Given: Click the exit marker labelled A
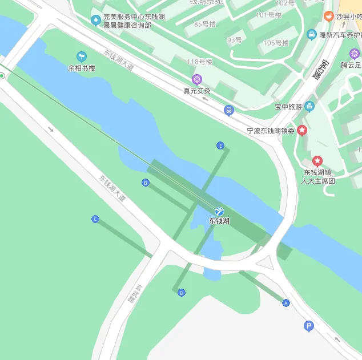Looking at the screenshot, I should (x=286, y=303).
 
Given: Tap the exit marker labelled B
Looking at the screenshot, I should (x=145, y=183).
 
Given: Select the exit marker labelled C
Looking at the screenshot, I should (x=95, y=219).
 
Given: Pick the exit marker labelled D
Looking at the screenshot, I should (x=182, y=293).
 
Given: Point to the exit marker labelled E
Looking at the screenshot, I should (x=220, y=145).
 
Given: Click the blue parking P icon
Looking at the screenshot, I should (x=309, y=326).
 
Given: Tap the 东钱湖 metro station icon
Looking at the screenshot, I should (x=219, y=211).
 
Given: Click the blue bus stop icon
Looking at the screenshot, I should (x=229, y=110).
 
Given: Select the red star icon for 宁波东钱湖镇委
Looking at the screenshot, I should (x=302, y=131).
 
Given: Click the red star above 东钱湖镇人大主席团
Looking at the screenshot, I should (x=317, y=161).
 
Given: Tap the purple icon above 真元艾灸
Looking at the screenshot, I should (x=197, y=79).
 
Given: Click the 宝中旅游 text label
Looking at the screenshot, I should (x=288, y=107).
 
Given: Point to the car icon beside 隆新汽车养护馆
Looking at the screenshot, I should (x=311, y=35).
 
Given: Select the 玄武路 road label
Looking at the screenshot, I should (x=131, y=294).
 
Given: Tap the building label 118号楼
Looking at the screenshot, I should (x=199, y=62).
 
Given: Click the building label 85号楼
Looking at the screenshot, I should (x=205, y=24).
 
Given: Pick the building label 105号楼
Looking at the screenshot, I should (x=276, y=43).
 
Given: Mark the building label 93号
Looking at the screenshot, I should (x=234, y=40).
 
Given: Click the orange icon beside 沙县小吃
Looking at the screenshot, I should (x=329, y=17).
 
